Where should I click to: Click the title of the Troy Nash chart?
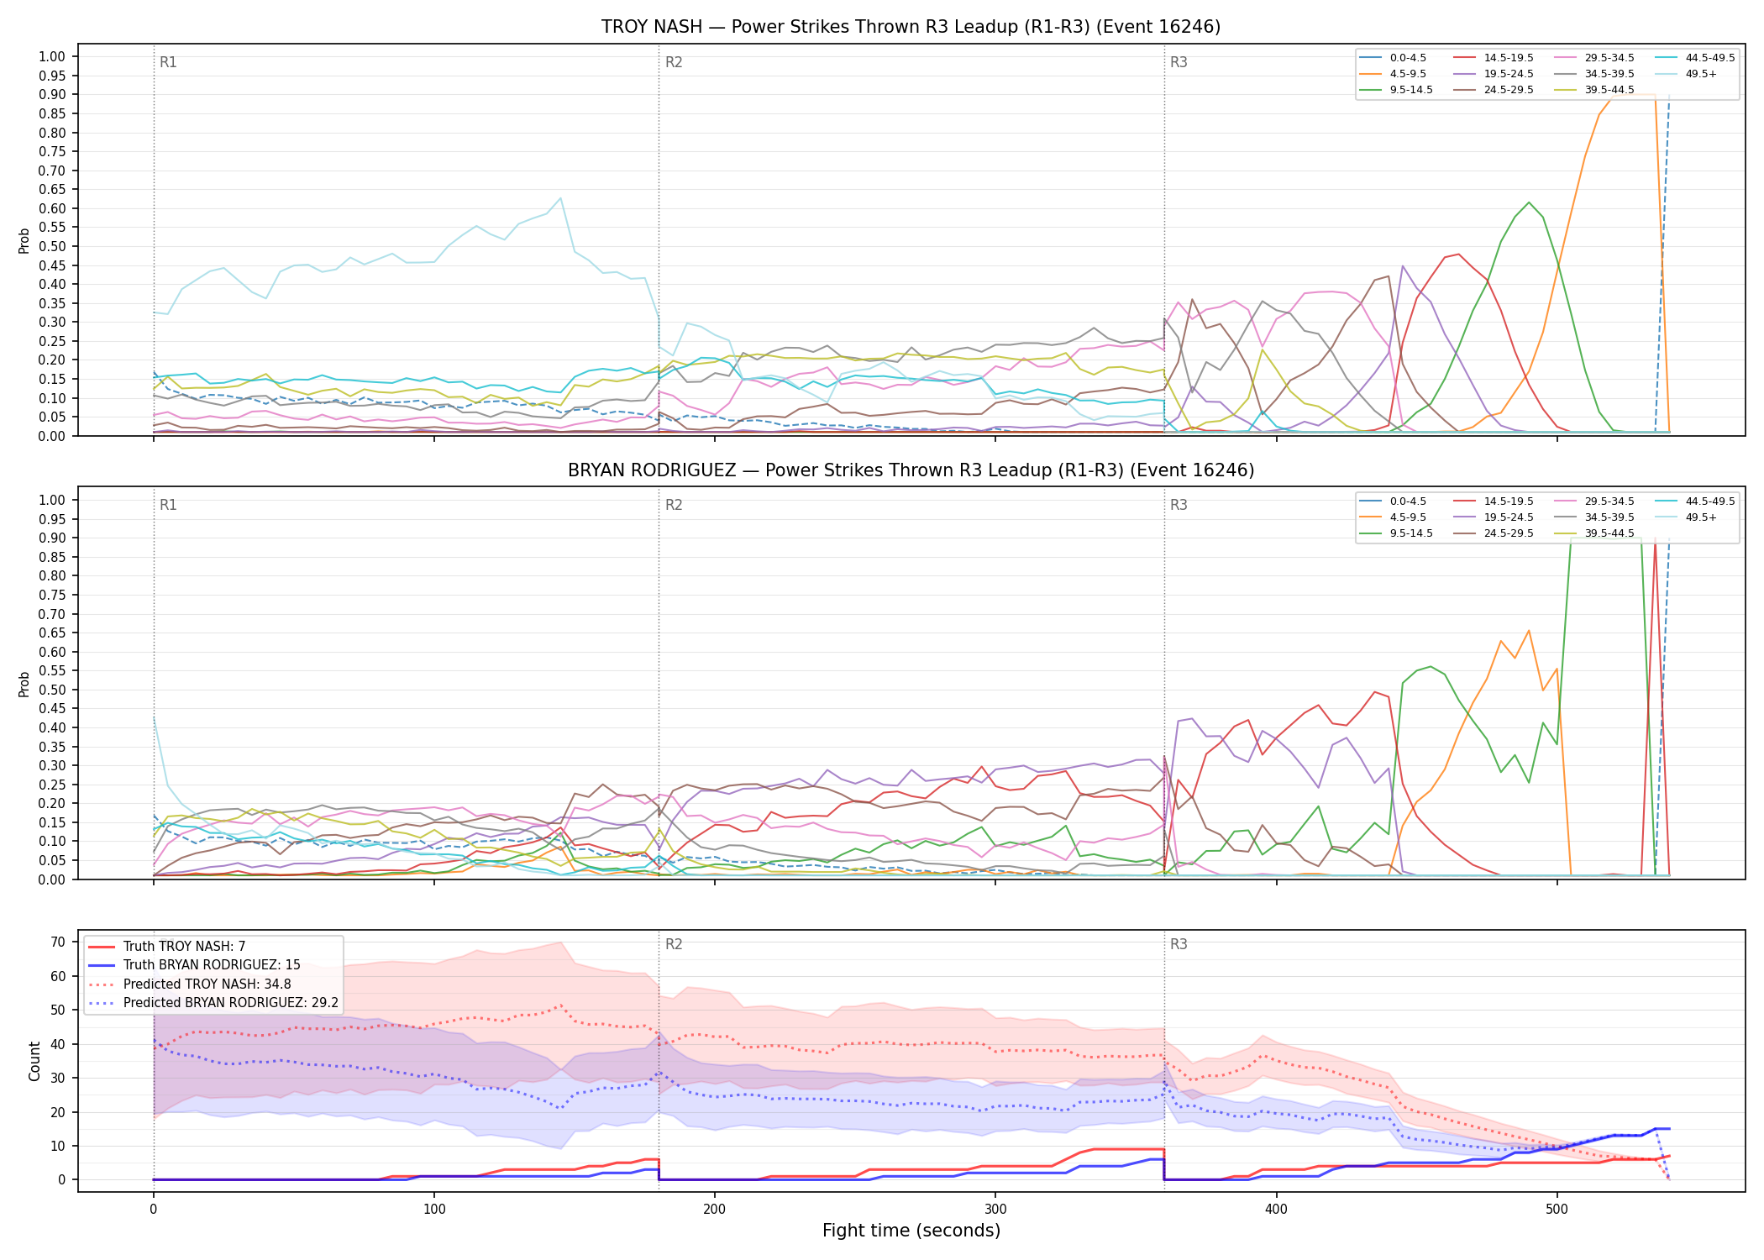[911, 27]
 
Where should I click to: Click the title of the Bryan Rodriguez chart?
[911, 470]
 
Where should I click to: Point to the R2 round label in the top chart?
[674, 62]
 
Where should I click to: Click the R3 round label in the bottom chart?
[1179, 944]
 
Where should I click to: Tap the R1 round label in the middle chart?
[168, 505]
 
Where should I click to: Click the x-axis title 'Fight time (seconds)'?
[911, 1231]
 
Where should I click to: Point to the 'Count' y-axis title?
[34, 1061]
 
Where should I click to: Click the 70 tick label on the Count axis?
[58, 942]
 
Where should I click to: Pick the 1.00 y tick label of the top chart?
[52, 57]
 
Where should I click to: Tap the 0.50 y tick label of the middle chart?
[52, 690]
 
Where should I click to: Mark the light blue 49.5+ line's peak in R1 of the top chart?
[560, 198]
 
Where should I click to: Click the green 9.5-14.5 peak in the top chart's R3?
[1529, 202]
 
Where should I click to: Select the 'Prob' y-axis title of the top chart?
[24, 240]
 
